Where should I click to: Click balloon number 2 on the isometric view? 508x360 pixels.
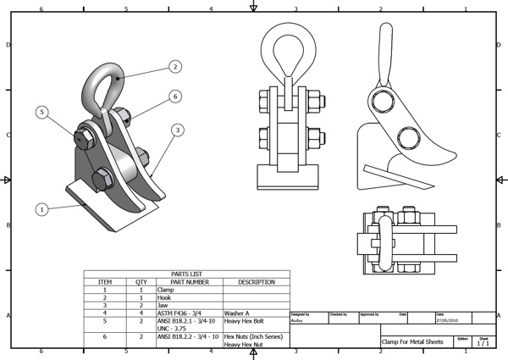click(174, 65)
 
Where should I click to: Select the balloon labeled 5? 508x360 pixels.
click(43, 112)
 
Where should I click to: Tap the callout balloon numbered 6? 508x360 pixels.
click(174, 97)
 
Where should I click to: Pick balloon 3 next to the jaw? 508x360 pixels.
click(177, 130)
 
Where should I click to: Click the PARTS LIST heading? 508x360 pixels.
click(186, 274)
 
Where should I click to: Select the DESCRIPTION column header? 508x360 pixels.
click(256, 282)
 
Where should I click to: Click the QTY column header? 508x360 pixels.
click(141, 282)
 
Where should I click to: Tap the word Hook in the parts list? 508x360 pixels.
click(166, 297)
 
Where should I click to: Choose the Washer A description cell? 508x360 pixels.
click(238, 313)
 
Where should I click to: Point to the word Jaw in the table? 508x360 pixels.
click(164, 305)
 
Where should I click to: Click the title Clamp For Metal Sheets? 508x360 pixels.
click(413, 342)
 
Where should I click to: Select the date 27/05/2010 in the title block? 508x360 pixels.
click(447, 321)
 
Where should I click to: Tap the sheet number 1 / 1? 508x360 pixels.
click(483, 343)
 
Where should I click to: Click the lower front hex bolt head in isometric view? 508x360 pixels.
click(101, 178)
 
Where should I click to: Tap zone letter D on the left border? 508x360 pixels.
click(8, 44)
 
